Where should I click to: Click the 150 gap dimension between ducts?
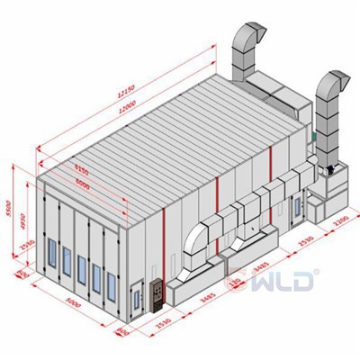click(236, 285)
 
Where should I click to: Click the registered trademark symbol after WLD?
click(314, 268)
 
